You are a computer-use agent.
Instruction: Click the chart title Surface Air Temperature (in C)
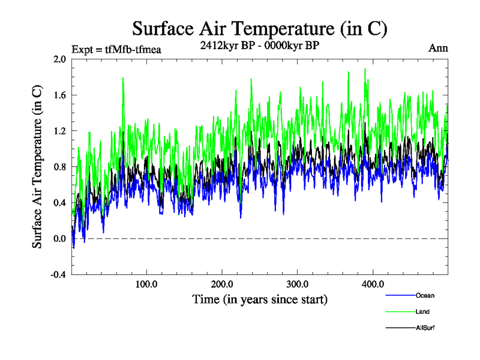260,28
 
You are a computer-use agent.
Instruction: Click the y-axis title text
37,167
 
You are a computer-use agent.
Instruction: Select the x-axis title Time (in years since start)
260,298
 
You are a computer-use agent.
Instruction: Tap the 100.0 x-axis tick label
147,283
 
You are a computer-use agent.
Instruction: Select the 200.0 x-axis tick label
223,283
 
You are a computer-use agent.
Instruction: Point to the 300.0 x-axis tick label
298,283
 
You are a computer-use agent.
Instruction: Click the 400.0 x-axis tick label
373,283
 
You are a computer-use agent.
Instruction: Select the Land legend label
423,312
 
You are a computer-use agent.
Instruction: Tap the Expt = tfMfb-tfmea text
116,49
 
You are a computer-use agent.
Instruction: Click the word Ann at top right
437,48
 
